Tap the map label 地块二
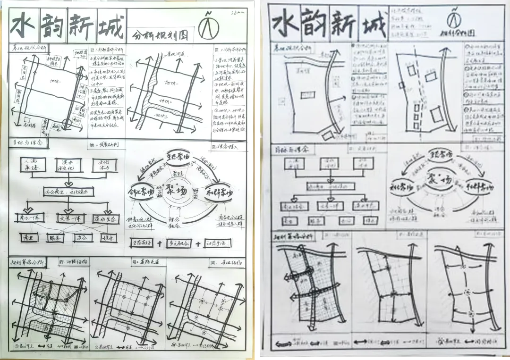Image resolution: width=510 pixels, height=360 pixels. (165, 101)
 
